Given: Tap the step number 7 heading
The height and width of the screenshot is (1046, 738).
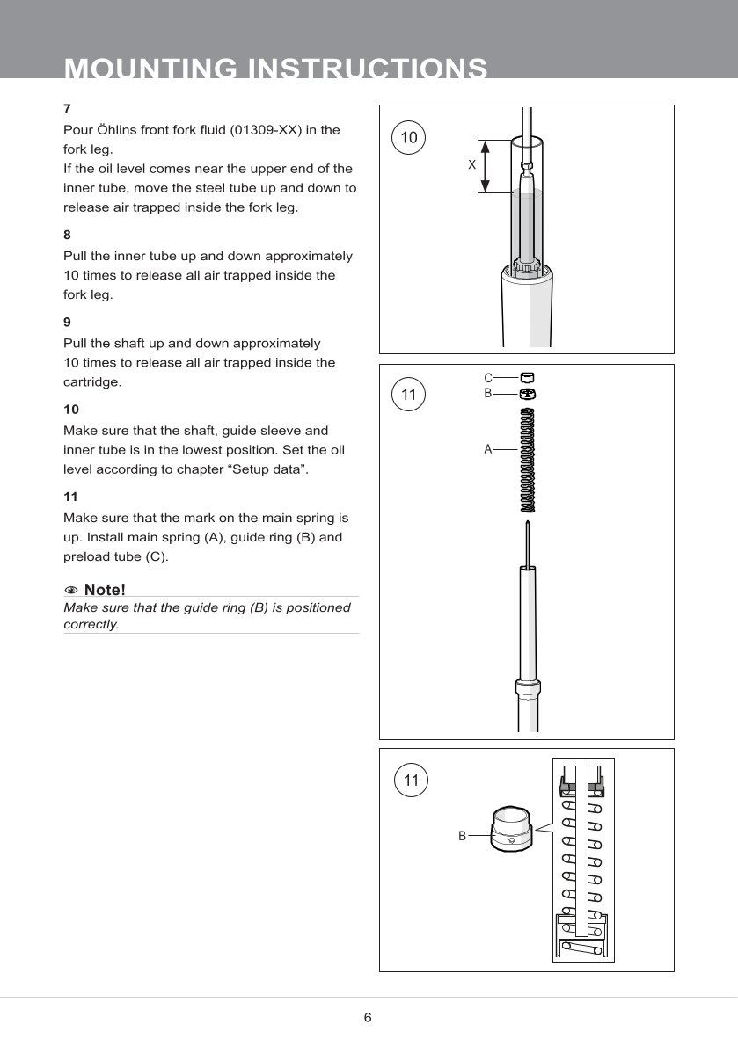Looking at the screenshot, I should [x=67, y=109].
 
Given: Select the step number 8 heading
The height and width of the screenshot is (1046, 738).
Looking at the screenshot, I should [x=67, y=236].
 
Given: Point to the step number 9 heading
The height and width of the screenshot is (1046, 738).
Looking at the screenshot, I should [x=67, y=323].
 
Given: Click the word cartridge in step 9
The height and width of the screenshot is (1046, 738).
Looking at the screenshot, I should [x=91, y=382].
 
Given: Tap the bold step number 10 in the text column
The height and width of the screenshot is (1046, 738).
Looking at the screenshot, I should [x=71, y=410].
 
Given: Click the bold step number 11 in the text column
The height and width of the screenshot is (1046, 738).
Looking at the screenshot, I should [x=71, y=497].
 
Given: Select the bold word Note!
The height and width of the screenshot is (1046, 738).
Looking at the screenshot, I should [x=105, y=589].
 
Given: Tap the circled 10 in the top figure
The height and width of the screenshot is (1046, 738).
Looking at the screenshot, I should [x=409, y=137].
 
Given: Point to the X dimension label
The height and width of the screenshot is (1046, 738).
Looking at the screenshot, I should [x=471, y=165].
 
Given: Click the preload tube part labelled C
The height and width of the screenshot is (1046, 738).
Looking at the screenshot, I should [x=528, y=378].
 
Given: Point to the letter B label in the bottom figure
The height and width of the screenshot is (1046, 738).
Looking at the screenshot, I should [x=462, y=837].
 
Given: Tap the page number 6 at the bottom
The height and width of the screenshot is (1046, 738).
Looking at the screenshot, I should [x=368, y=1018].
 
